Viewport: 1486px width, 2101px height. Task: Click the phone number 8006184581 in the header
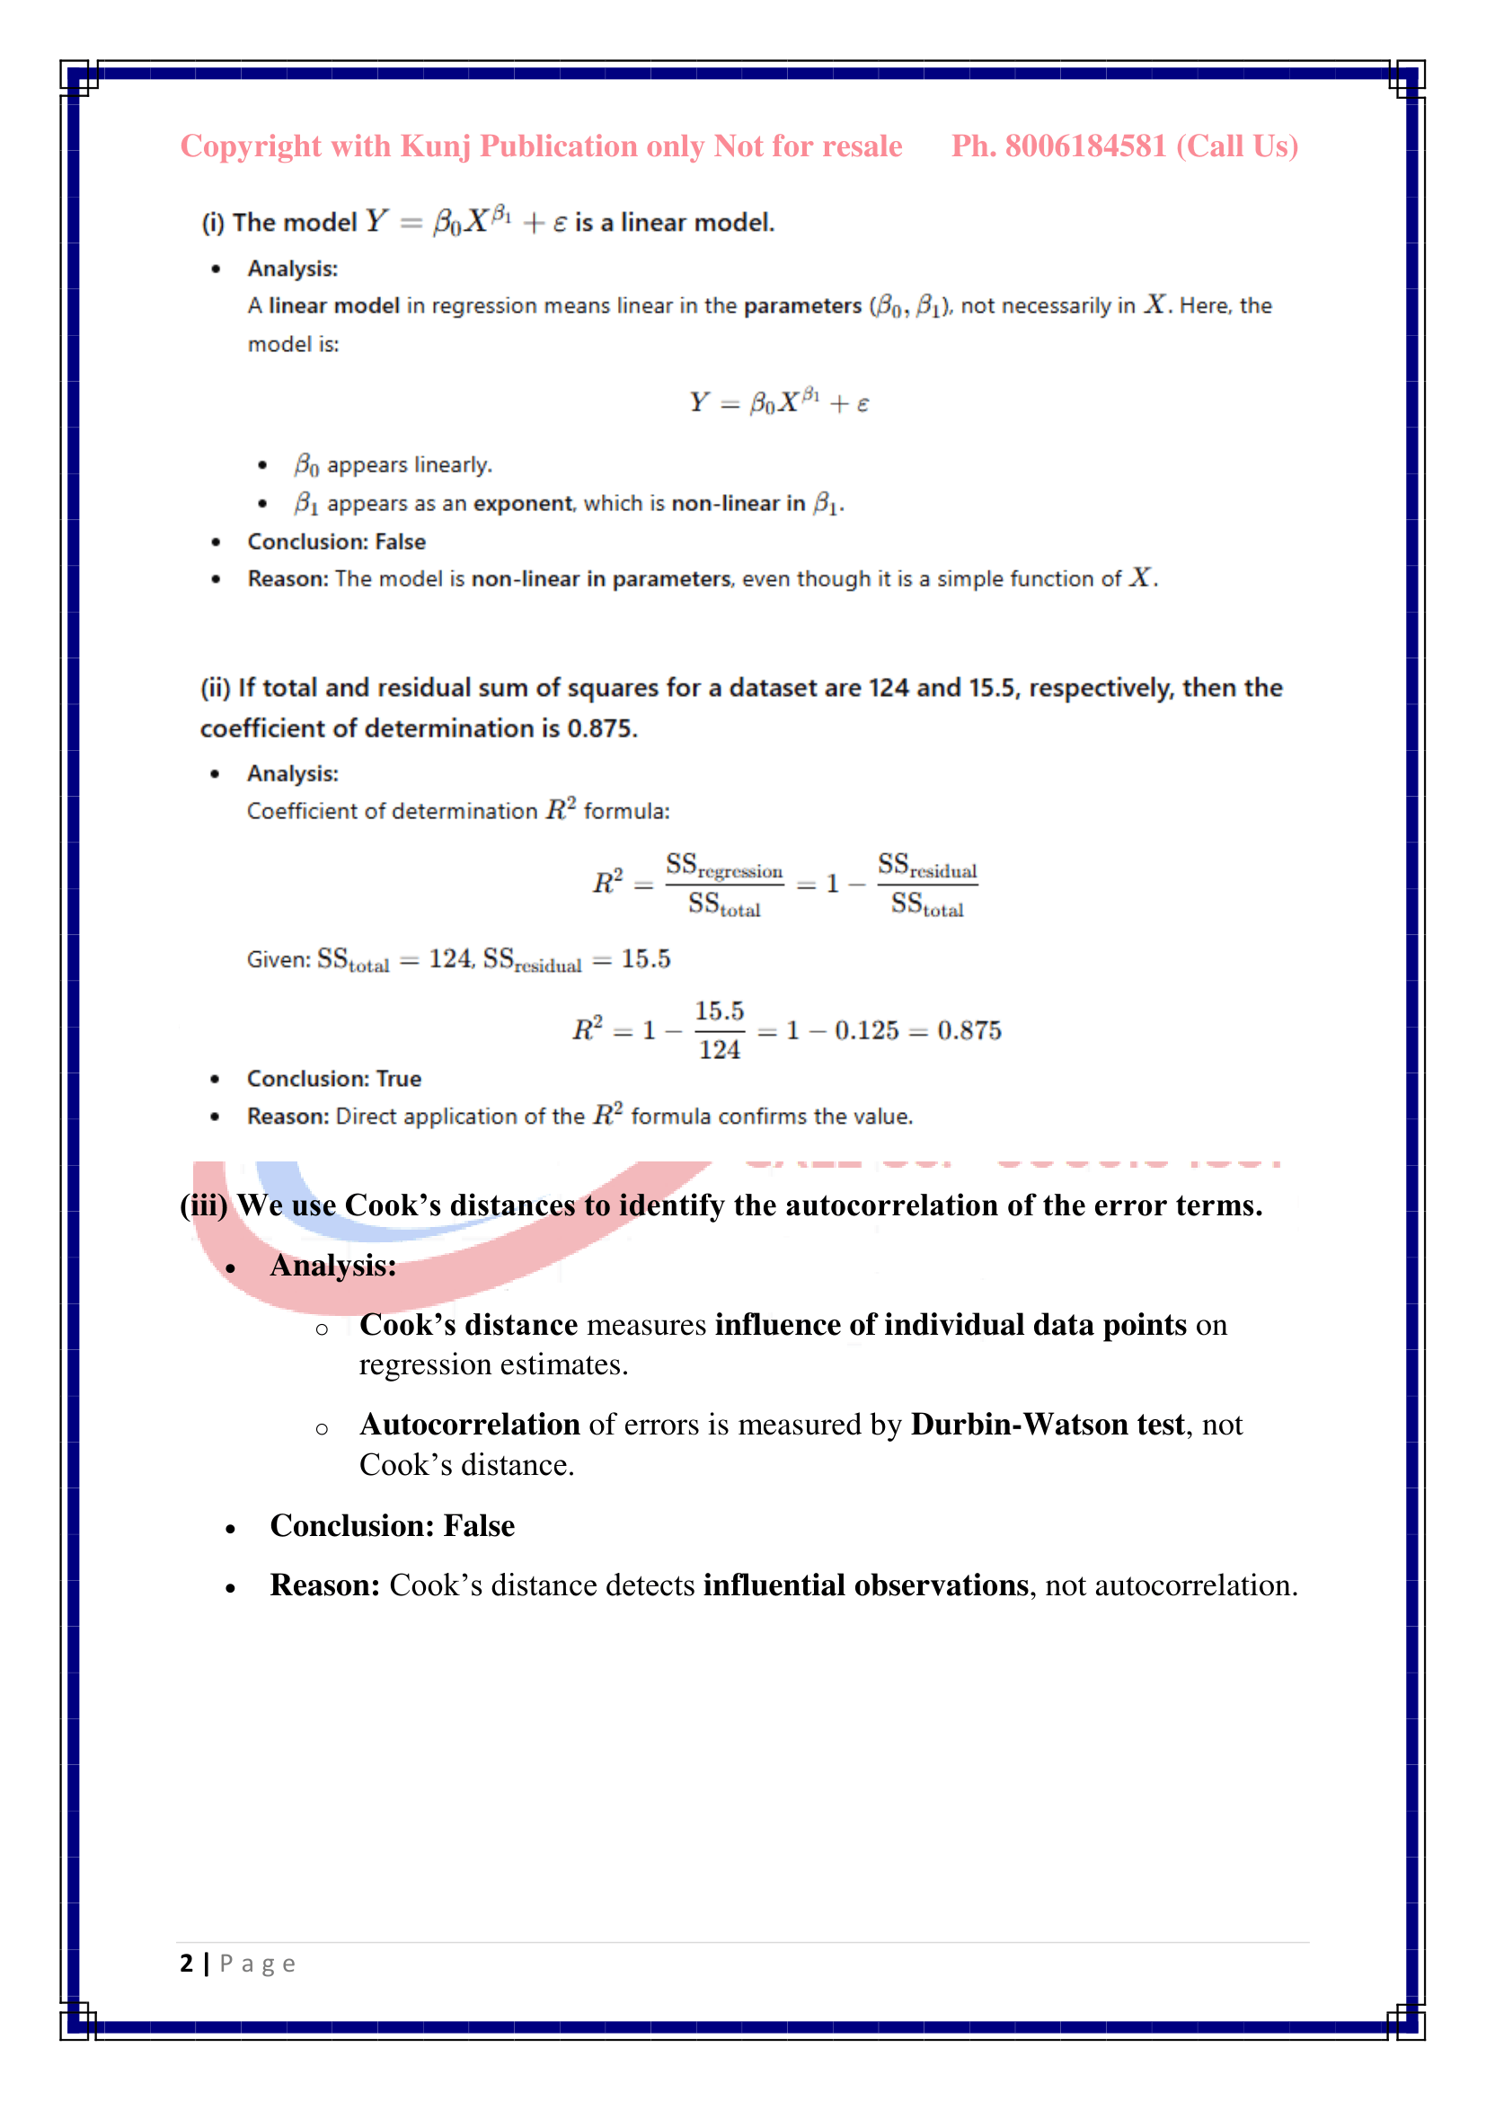click(1085, 146)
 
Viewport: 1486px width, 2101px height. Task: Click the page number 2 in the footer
click(187, 1963)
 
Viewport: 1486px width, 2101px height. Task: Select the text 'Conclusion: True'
click(334, 1079)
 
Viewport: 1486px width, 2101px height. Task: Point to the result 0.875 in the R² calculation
click(969, 1031)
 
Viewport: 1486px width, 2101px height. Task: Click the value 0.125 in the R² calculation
click(866, 1031)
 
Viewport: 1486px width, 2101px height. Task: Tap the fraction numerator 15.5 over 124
click(720, 1011)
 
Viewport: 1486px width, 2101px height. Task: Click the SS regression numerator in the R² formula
click(724, 866)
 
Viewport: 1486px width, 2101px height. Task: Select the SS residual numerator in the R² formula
click(927, 866)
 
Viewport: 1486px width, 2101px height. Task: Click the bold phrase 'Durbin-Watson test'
click(1047, 1425)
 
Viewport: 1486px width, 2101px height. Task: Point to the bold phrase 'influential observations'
click(865, 1585)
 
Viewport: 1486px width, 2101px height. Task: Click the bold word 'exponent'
click(524, 503)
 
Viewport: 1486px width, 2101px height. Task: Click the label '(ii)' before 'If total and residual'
click(215, 688)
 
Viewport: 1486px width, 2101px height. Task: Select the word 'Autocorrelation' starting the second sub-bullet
click(469, 1425)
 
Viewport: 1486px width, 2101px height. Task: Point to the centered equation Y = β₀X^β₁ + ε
click(780, 402)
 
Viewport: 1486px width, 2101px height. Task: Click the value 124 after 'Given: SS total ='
click(450, 959)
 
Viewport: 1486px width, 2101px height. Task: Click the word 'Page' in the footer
click(257, 1964)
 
